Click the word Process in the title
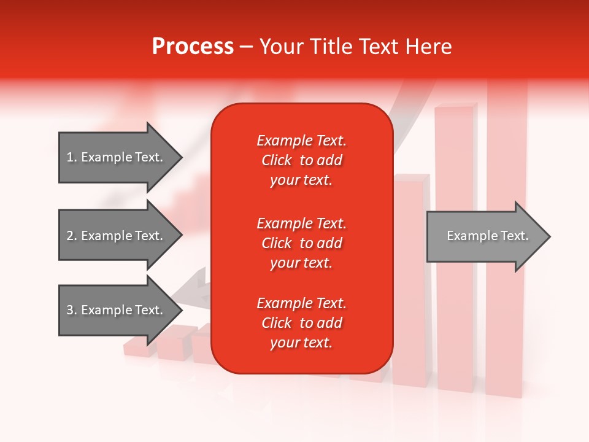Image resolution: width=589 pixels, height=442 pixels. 193,47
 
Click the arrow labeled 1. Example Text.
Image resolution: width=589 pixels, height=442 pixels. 121,157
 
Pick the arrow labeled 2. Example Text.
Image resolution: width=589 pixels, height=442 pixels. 121,235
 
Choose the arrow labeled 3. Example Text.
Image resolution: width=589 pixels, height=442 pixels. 121,309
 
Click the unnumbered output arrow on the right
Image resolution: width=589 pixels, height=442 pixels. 489,236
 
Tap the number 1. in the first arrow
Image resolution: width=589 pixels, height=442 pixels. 72,157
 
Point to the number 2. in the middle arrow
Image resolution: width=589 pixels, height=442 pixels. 72,236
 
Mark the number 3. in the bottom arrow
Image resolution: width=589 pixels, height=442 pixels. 72,309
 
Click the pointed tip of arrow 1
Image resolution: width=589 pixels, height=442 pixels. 183,157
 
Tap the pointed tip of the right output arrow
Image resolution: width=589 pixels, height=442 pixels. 550,236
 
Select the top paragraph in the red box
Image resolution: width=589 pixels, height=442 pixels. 302,160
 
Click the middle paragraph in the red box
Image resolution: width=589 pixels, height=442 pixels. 302,243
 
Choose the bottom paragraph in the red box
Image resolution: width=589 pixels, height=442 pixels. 302,323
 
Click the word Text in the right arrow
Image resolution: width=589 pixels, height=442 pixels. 515,236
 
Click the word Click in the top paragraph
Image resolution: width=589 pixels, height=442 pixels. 277,160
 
